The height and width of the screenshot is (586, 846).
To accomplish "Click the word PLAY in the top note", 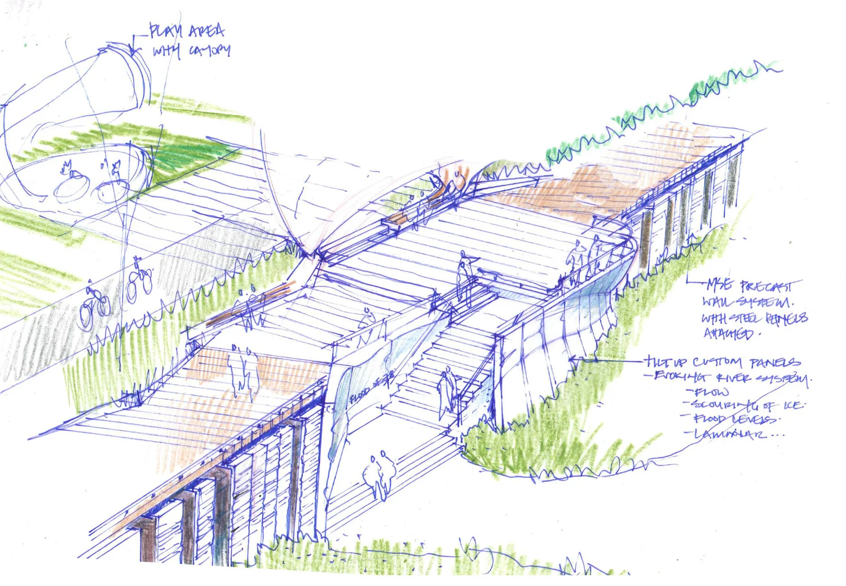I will [164, 30].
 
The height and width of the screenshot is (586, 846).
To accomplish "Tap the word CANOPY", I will [209, 51].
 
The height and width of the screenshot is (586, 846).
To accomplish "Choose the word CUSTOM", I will [717, 362].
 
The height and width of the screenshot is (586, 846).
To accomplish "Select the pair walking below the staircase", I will [378, 474].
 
